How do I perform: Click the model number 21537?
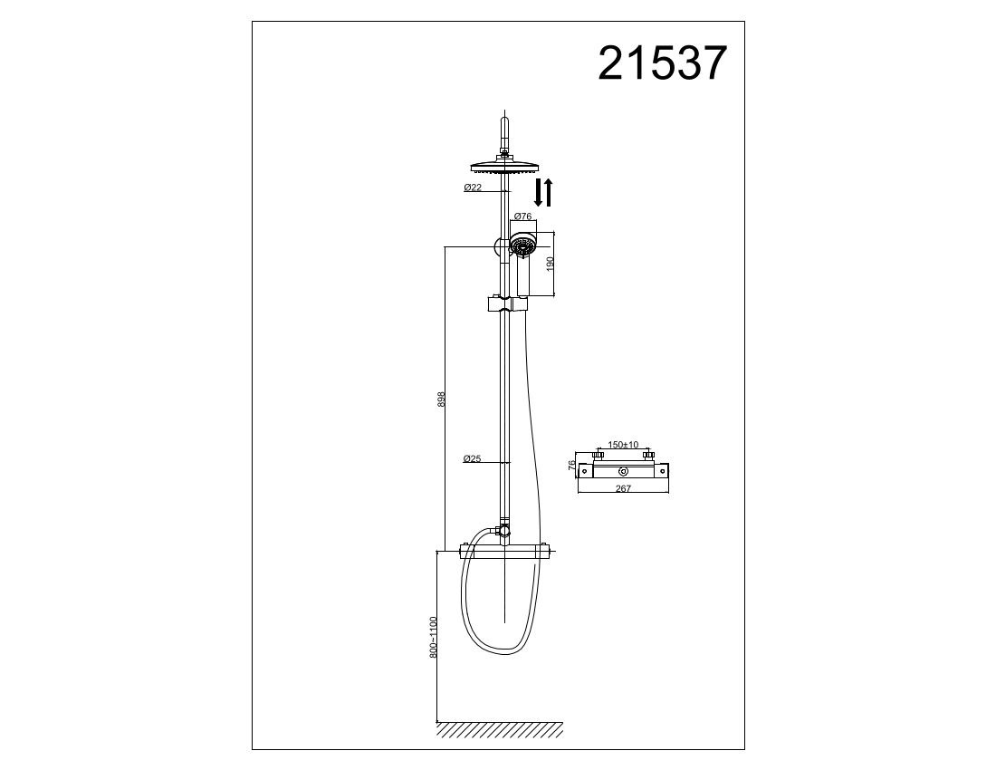[x=662, y=63]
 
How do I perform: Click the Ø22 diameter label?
[x=473, y=188]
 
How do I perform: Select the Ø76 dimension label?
[x=522, y=216]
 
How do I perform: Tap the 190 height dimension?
[x=551, y=264]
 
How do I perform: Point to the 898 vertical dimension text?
[x=442, y=399]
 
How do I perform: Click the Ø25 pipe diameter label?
[x=472, y=458]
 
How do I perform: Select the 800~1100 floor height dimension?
[x=434, y=637]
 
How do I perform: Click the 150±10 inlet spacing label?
[x=623, y=445]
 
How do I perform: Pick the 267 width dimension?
[x=623, y=488]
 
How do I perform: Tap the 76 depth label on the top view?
[x=571, y=466]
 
